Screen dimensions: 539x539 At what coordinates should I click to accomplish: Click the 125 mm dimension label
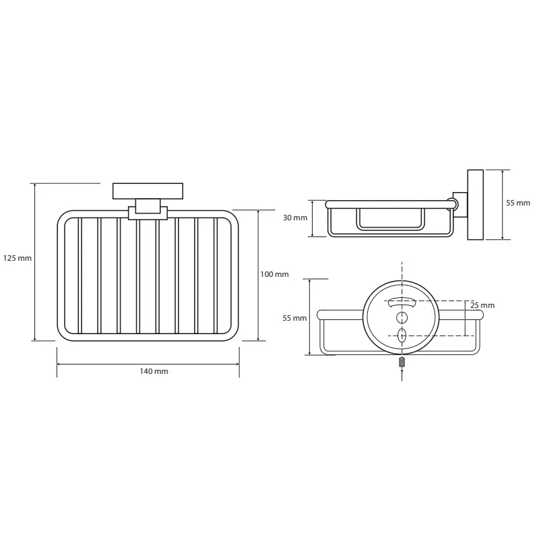tap(18, 258)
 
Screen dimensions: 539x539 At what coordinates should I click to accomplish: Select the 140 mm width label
tap(154, 371)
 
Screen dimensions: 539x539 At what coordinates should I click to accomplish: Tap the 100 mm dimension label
tap(274, 274)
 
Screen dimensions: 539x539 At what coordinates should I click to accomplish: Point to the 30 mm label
tap(295, 218)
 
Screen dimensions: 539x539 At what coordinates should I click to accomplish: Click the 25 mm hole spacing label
tap(482, 305)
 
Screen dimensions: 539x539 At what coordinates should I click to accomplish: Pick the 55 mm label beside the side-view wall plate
tap(517, 203)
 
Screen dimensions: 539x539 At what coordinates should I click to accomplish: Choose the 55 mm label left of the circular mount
tap(294, 318)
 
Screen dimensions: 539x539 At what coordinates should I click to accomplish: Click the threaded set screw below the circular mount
tap(402, 362)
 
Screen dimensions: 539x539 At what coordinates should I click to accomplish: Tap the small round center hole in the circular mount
tap(402, 317)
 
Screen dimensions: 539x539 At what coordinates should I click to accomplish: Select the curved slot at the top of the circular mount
tap(402, 303)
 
